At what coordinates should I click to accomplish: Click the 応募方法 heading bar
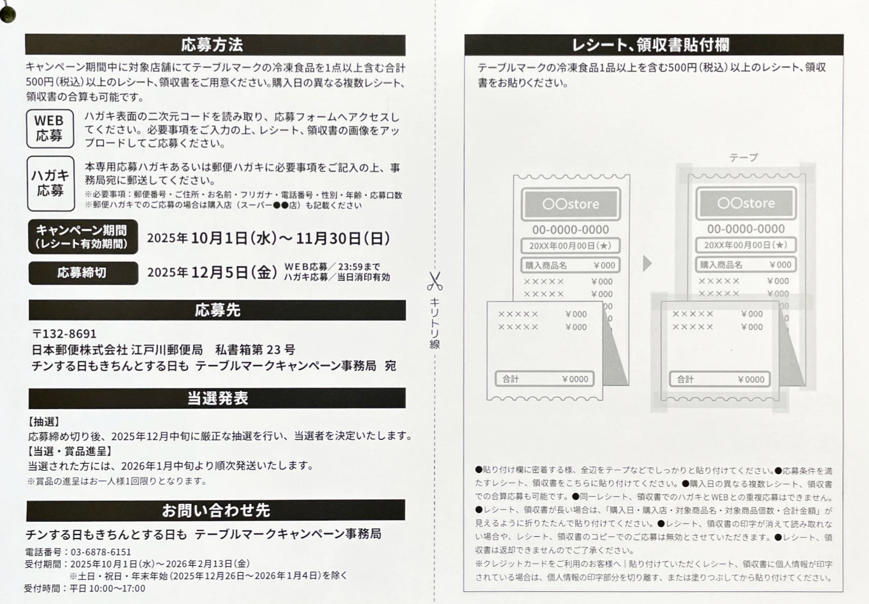pos(216,45)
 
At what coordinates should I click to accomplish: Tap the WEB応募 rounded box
pos(50,129)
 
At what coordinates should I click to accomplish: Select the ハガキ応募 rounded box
pos(51,184)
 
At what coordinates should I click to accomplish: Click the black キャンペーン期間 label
pos(83,236)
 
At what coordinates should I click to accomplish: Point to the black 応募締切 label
pos(83,273)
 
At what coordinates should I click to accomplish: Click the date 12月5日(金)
pos(234,272)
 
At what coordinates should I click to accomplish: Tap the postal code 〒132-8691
pos(64,334)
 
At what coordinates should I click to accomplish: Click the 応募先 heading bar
pos(217,310)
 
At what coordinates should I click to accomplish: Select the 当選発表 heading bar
pos(217,398)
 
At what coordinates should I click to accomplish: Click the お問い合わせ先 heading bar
pos(216,511)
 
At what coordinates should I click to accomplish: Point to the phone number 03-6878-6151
pos(101,552)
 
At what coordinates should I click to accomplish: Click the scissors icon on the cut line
pos(434,281)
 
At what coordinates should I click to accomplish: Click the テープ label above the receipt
pos(743,157)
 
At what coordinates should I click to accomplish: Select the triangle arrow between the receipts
pos(647,263)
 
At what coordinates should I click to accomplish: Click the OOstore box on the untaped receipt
pos(571,204)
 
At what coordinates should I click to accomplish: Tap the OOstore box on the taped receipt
pos(746,203)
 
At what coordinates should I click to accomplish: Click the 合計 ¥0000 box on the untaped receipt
pos(545,379)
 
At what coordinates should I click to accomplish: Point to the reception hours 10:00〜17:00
pos(117,588)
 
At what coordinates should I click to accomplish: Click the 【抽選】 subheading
pos(43,422)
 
